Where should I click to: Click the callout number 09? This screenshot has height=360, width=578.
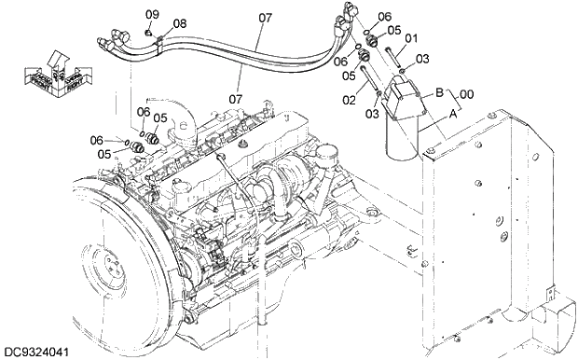point(152,14)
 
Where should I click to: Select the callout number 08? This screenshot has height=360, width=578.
point(179,23)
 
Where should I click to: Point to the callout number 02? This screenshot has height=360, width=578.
point(350,99)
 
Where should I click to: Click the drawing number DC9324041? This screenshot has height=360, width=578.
point(37,351)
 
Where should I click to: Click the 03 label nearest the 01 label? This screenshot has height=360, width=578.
point(422,59)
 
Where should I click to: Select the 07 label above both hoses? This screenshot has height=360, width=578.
point(265,17)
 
